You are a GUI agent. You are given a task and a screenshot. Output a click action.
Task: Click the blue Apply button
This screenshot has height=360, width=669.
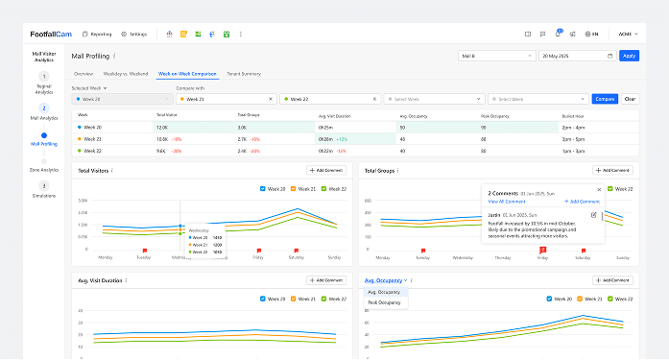[629, 56]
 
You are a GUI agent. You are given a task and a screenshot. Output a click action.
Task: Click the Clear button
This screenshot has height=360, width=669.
[630, 98]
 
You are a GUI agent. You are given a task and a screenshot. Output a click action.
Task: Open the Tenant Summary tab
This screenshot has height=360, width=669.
[244, 74]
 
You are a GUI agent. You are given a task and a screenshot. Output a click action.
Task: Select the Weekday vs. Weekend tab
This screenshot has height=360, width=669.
[125, 74]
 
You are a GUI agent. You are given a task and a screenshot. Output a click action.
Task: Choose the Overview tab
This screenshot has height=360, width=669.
[84, 74]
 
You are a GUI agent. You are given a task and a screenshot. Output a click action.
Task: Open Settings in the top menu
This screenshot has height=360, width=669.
[134, 34]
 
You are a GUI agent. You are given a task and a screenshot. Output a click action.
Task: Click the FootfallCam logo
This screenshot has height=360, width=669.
[53, 34]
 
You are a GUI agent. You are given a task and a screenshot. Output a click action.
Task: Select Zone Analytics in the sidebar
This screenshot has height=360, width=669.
[43, 170]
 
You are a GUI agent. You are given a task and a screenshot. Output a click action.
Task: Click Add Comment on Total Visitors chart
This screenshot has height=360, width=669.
[327, 170]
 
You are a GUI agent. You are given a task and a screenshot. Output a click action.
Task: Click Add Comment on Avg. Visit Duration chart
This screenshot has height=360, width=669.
[327, 280]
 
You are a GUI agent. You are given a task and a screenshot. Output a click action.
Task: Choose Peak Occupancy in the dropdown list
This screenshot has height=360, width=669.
[384, 302]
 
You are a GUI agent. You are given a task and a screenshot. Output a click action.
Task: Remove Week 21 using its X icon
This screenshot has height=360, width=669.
[272, 98]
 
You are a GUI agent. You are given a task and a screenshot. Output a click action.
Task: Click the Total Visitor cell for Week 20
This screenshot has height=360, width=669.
[162, 127]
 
